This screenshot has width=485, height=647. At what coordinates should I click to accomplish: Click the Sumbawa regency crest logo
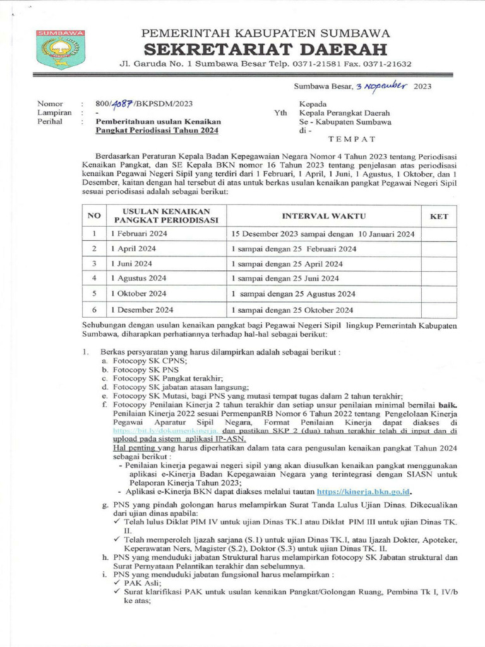[x=57, y=49]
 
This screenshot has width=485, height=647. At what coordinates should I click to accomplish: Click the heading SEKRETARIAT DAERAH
[x=265, y=49]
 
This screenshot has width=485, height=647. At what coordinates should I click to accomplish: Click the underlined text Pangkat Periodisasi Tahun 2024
[x=157, y=130]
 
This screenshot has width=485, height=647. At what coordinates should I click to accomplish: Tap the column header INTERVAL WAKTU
[x=324, y=216]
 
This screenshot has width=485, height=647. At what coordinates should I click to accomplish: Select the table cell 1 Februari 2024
[x=136, y=234]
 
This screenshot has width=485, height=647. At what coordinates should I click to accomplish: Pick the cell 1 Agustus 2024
[x=138, y=278]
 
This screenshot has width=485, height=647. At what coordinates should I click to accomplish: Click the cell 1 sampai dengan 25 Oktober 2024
[x=292, y=310]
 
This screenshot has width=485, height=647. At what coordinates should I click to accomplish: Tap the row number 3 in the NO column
[x=93, y=263]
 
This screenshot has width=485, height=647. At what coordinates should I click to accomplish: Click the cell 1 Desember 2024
[x=141, y=310]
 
